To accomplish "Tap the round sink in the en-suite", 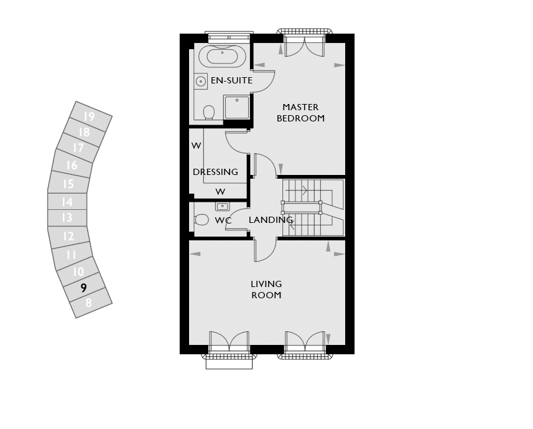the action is tap(201, 82).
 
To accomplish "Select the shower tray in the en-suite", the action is tap(236, 107).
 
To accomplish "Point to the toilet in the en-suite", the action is tap(209, 112).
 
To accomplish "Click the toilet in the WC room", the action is tap(201, 219).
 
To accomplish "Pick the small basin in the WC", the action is tap(222, 206).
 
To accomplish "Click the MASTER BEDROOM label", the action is tap(300, 113).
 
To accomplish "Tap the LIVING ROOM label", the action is tap(266, 290).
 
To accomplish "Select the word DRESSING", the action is tap(215, 172).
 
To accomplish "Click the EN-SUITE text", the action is tap(231, 80).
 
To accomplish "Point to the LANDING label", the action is tap(271, 220).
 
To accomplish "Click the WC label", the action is tap(223, 220).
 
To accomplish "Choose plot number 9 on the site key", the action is tap(83, 288).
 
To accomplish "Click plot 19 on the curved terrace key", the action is tap(89, 116).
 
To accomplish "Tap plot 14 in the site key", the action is tap(67, 202).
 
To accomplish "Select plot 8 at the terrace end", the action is tap(89, 303).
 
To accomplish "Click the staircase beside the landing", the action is tap(313, 207).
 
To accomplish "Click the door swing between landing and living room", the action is tap(266, 250).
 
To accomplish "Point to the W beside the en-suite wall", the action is tap(196, 146).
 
